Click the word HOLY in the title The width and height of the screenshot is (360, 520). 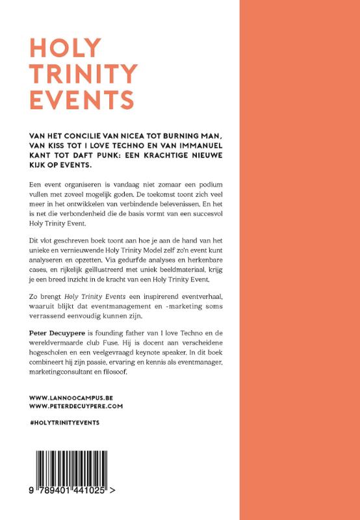pos(66,49)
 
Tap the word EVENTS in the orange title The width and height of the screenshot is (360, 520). pos(82,99)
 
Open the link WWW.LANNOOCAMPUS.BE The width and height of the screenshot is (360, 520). pos(72,396)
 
